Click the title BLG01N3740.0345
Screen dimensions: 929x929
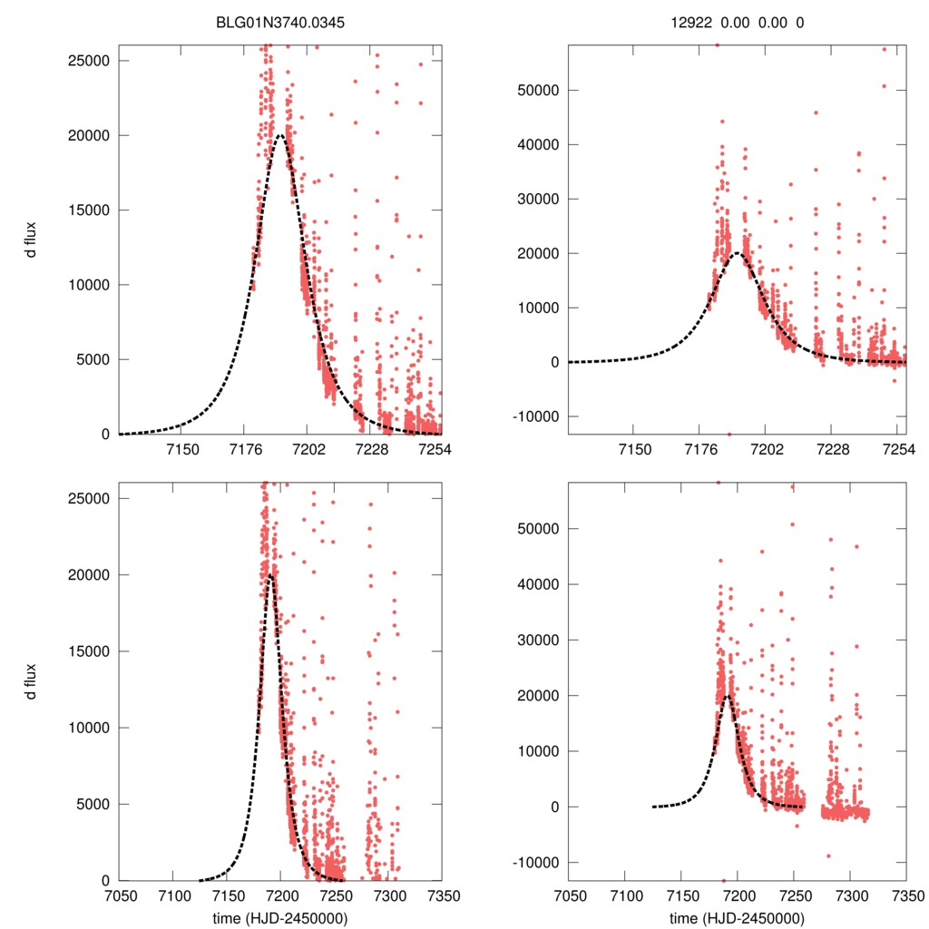coord(280,24)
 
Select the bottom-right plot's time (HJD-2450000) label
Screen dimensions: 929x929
coord(737,918)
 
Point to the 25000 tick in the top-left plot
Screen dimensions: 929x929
coord(91,61)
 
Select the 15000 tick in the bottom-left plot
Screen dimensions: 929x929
coord(91,651)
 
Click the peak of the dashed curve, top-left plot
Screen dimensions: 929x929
coord(280,136)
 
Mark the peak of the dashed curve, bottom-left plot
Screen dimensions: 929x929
coord(269,574)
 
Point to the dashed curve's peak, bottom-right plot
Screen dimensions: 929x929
coord(727,696)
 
